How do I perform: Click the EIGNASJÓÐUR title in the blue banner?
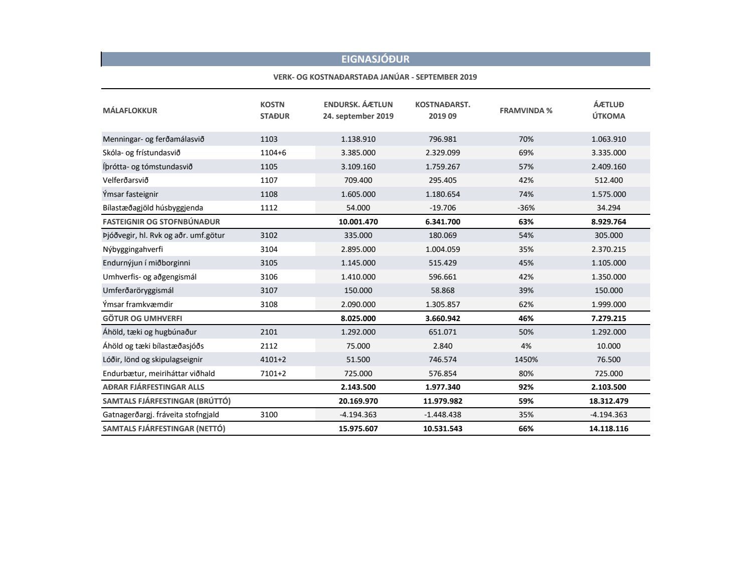375,59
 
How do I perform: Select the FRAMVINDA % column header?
526,111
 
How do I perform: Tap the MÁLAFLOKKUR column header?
130,111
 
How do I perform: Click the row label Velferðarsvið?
125,180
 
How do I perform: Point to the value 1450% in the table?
526,360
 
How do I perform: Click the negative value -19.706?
443,208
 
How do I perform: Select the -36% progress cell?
526,208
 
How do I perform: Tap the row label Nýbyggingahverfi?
133,249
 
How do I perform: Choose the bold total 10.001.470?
358,222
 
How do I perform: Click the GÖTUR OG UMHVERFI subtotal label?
142,319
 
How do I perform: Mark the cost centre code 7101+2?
273,374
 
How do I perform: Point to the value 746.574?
443,360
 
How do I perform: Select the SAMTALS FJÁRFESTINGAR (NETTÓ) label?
164,429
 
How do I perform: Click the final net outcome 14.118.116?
609,429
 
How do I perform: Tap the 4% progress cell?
526,346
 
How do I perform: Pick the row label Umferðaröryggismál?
138,290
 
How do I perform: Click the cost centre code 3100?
269,415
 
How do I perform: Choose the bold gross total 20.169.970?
358,401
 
